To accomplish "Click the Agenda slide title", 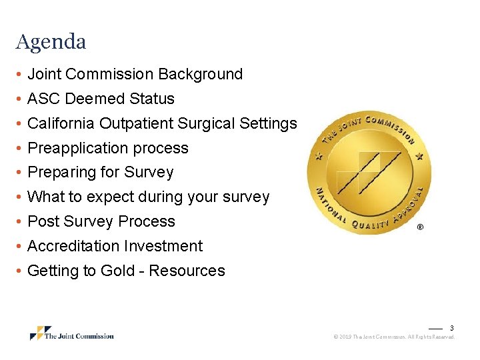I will tap(51, 42).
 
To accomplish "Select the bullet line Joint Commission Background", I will tap(135, 74).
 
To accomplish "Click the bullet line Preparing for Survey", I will tap(100, 172).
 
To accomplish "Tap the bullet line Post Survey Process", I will tap(101, 221).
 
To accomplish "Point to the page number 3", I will tap(451, 328).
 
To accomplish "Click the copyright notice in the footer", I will tap(393, 337).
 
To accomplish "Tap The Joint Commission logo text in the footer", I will tap(79, 336).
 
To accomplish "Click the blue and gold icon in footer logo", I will tap(40, 333).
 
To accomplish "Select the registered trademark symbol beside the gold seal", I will tap(419, 227).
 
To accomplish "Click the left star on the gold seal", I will tap(318, 157).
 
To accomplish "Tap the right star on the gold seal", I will tap(419, 157).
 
